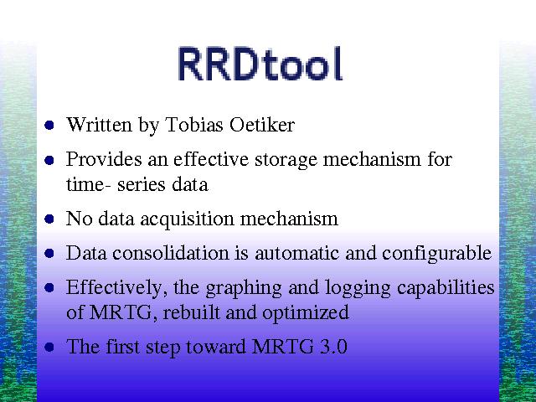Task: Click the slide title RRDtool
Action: point(260,64)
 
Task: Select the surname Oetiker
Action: point(262,125)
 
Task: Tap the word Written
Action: point(99,125)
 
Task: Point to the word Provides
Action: point(104,159)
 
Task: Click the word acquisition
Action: point(188,219)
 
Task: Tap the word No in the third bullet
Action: point(79,218)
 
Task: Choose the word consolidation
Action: point(171,253)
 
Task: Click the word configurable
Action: point(436,254)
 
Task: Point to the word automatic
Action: point(296,253)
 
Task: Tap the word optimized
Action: point(305,313)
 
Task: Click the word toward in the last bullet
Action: point(216,346)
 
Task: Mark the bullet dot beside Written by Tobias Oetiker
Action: point(49,125)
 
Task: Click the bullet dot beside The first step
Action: point(49,348)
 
